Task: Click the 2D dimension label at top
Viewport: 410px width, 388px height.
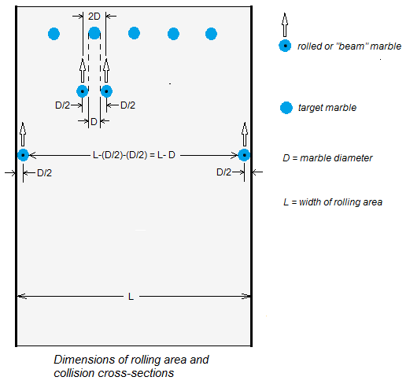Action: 94,17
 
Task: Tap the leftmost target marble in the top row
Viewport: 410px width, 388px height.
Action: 54,34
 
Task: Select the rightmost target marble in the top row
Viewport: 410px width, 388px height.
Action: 211,34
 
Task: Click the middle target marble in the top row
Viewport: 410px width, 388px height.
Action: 134,33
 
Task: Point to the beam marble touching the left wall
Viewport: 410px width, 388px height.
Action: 23,155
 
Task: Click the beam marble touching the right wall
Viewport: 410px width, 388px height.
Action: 244,155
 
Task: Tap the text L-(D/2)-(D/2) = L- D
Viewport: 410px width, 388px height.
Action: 134,155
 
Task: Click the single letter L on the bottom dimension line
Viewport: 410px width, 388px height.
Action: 131,297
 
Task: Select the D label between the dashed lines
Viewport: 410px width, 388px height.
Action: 94,122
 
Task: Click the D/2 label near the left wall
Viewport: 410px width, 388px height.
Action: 45,173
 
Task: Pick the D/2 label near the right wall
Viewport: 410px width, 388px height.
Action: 223,172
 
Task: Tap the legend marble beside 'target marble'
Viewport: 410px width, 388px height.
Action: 286,108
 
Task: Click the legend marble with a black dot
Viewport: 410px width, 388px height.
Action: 285,46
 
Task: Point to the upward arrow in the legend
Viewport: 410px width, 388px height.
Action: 285,24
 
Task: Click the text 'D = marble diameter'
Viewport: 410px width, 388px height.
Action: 327,158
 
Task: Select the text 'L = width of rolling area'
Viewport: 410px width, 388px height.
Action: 333,202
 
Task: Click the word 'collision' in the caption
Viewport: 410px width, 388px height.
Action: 75,373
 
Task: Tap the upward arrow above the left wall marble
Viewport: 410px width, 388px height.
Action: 23,134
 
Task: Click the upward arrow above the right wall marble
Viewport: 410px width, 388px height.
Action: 245,134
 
